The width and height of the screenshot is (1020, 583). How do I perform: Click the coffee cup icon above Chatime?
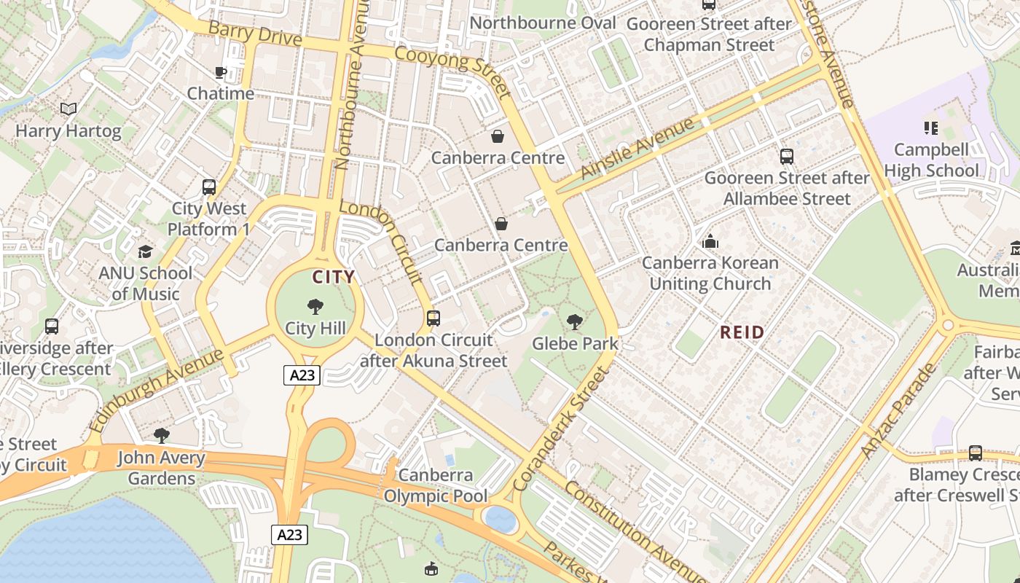[220, 72]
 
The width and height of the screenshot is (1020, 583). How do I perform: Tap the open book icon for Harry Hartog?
[68, 109]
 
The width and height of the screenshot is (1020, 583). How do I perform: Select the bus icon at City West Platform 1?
[209, 187]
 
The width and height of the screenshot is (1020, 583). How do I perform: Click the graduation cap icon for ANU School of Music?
[145, 251]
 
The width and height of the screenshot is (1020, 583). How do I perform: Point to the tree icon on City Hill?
[315, 306]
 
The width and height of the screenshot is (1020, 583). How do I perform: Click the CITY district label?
[334, 277]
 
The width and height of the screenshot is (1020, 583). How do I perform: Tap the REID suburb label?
[742, 333]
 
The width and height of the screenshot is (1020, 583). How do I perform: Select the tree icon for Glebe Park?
[575, 321]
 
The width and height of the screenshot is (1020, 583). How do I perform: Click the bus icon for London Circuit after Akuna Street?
[433, 318]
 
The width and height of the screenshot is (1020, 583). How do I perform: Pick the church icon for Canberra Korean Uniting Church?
[710, 241]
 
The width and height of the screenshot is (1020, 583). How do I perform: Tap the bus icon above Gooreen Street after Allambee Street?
[787, 156]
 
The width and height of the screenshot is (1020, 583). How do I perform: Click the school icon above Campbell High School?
[930, 128]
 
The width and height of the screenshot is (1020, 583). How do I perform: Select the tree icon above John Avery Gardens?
[162, 436]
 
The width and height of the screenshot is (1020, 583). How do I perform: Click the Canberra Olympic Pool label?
[436, 486]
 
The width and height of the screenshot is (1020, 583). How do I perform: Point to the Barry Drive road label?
[255, 34]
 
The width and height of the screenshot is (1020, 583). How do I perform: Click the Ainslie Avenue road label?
[638, 149]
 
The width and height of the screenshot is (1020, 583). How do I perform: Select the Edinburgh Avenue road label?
[156, 390]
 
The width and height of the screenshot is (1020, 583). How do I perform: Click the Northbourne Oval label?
[543, 23]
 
